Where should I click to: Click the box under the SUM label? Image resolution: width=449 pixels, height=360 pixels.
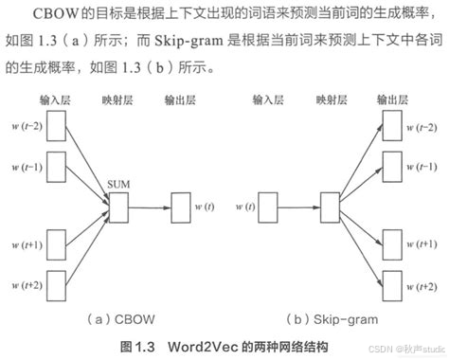click(117, 204)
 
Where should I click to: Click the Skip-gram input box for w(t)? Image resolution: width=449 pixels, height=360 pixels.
click(268, 204)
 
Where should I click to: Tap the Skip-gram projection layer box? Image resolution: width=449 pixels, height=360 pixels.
click(329, 204)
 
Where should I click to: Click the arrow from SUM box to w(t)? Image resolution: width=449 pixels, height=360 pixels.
click(148, 204)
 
